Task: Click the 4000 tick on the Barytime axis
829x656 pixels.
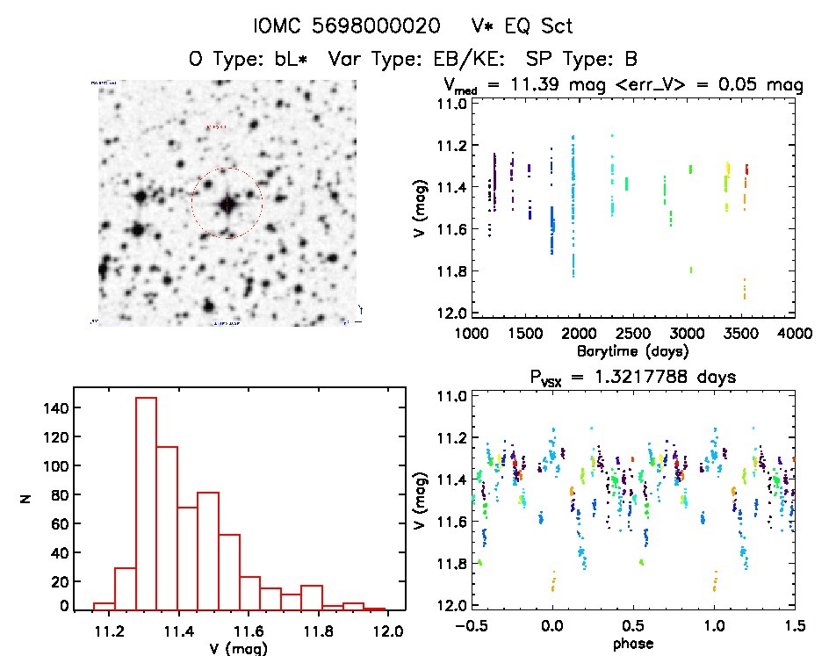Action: point(795,333)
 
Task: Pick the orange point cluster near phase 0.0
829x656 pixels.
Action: point(553,580)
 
